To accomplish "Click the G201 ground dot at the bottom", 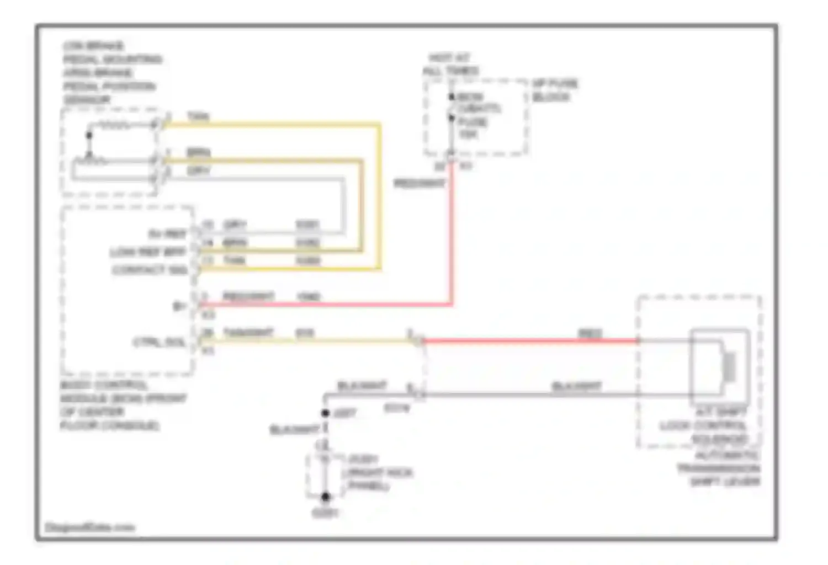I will [x=326, y=497].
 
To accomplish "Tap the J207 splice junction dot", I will [x=326, y=413].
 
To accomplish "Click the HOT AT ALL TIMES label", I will [x=450, y=65].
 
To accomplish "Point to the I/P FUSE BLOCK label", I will [x=555, y=90].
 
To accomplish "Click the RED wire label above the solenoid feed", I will [x=590, y=333].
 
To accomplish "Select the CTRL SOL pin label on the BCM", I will [x=159, y=342].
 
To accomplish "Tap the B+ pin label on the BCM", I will [x=179, y=306].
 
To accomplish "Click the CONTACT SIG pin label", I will [x=150, y=270].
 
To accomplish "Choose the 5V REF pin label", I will [x=167, y=234].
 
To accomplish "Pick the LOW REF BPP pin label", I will [x=148, y=252].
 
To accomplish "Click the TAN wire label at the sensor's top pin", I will [x=198, y=116].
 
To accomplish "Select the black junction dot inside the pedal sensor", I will [x=89, y=135].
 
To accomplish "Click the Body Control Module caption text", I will [x=123, y=405].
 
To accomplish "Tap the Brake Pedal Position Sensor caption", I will [x=110, y=72].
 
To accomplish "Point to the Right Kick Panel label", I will [x=377, y=473].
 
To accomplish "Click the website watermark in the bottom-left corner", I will [x=89, y=527].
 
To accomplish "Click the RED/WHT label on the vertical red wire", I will [x=419, y=183].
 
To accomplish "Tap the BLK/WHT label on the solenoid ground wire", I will [x=576, y=387].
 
